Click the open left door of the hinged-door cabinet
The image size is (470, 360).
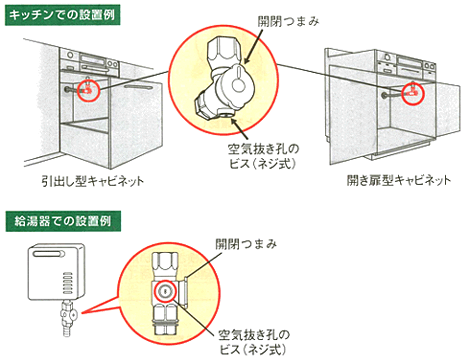334,110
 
